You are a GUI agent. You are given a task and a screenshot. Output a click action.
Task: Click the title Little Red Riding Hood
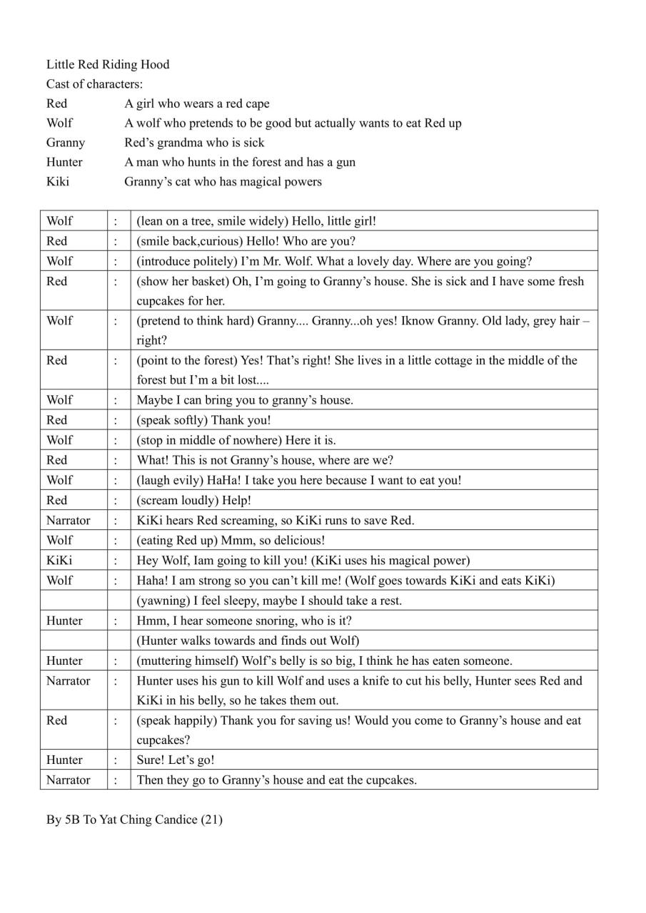pos(108,65)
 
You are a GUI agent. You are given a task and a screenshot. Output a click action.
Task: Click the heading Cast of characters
pos(94,84)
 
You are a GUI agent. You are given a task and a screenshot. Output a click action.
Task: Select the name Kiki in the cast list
pos(58,182)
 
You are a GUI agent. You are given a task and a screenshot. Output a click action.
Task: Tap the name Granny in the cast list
pos(65,143)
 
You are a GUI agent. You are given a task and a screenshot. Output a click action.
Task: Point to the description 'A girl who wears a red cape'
pos(197,104)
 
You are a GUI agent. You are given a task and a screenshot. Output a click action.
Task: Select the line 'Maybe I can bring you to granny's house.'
pos(245,400)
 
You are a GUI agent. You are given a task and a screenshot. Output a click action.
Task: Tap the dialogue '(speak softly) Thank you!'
pos(204,420)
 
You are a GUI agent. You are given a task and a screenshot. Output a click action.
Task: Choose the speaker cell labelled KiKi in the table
pos(59,560)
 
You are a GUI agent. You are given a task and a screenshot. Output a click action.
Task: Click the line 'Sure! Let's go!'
pos(176,760)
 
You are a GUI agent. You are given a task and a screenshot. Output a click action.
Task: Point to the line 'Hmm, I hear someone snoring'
pos(244,621)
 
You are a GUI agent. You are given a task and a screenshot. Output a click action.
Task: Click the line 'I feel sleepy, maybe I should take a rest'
pos(269,601)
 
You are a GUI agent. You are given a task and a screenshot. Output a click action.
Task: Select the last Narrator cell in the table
pos(69,780)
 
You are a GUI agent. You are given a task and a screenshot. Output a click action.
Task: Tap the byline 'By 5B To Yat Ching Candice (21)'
pos(134,820)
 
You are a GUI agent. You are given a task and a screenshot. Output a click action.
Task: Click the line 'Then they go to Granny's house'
pos(277,780)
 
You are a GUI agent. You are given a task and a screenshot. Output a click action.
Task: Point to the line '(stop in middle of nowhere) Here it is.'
pos(236,440)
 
